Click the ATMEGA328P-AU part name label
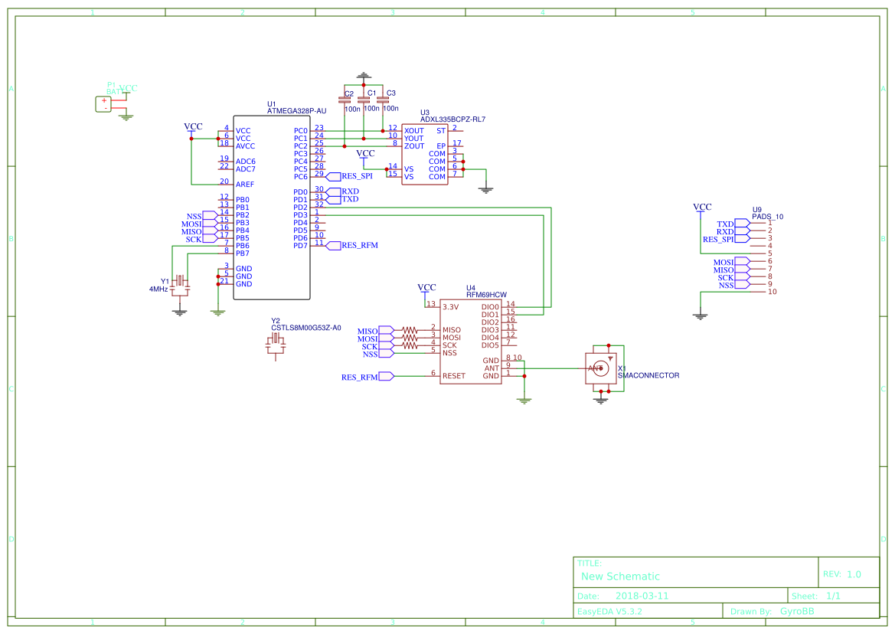click(296, 111)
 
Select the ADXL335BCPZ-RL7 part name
click(452, 119)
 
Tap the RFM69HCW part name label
click(486, 295)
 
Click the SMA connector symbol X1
click(602, 369)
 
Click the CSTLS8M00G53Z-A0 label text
click(305, 328)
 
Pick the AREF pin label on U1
click(244, 185)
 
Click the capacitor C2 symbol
click(345, 100)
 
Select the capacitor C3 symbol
click(383, 100)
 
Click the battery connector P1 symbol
click(103, 104)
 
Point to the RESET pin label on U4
click(453, 376)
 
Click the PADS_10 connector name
click(768, 217)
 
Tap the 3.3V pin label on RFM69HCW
click(450, 307)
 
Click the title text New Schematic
click(620, 577)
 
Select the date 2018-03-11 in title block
click(642, 596)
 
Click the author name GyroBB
click(797, 611)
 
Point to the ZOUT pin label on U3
click(413, 146)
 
